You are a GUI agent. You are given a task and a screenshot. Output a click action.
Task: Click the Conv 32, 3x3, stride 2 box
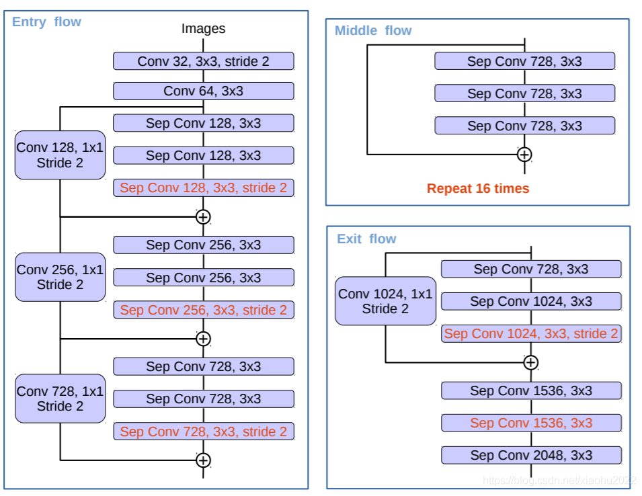pyautogui.click(x=204, y=61)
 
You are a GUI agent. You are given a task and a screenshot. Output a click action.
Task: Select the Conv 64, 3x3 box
pyautogui.click(x=204, y=91)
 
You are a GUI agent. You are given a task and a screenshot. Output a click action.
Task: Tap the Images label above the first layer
pyautogui.click(x=203, y=29)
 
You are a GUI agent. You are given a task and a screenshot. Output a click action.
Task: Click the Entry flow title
pyautogui.click(x=46, y=22)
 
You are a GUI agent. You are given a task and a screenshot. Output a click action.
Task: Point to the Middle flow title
pyautogui.click(x=373, y=31)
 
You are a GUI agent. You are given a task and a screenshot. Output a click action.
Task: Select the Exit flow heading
pyautogui.click(x=366, y=239)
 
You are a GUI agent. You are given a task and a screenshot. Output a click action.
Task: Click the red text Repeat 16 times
pyautogui.click(x=478, y=188)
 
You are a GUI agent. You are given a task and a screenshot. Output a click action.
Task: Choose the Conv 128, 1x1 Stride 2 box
pyautogui.click(x=61, y=155)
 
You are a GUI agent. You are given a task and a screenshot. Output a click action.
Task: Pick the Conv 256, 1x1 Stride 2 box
pyautogui.click(x=61, y=277)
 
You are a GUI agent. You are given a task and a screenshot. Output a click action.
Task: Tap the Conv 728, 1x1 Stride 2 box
pyautogui.click(x=61, y=399)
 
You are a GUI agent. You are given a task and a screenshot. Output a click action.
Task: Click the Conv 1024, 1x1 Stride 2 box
pyautogui.click(x=385, y=301)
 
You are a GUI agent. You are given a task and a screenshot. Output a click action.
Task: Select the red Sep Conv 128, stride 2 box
pyautogui.click(x=204, y=188)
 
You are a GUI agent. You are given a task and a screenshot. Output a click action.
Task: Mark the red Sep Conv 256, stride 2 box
pyautogui.click(x=204, y=310)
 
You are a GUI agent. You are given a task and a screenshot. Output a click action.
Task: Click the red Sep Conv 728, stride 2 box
pyautogui.click(x=204, y=431)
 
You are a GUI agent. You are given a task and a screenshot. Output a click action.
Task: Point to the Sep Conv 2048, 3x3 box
pyautogui.click(x=531, y=455)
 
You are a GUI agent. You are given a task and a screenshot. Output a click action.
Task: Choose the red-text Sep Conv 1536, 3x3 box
pyautogui.click(x=531, y=423)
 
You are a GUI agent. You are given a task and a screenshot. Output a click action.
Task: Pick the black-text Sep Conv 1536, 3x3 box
pyautogui.click(x=531, y=391)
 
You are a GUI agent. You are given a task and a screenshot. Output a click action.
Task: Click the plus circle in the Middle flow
pyautogui.click(x=524, y=155)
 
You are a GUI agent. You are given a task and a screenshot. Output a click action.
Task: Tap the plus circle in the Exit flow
pyautogui.click(x=531, y=362)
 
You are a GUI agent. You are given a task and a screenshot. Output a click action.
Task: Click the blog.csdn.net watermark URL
pyautogui.click(x=559, y=480)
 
